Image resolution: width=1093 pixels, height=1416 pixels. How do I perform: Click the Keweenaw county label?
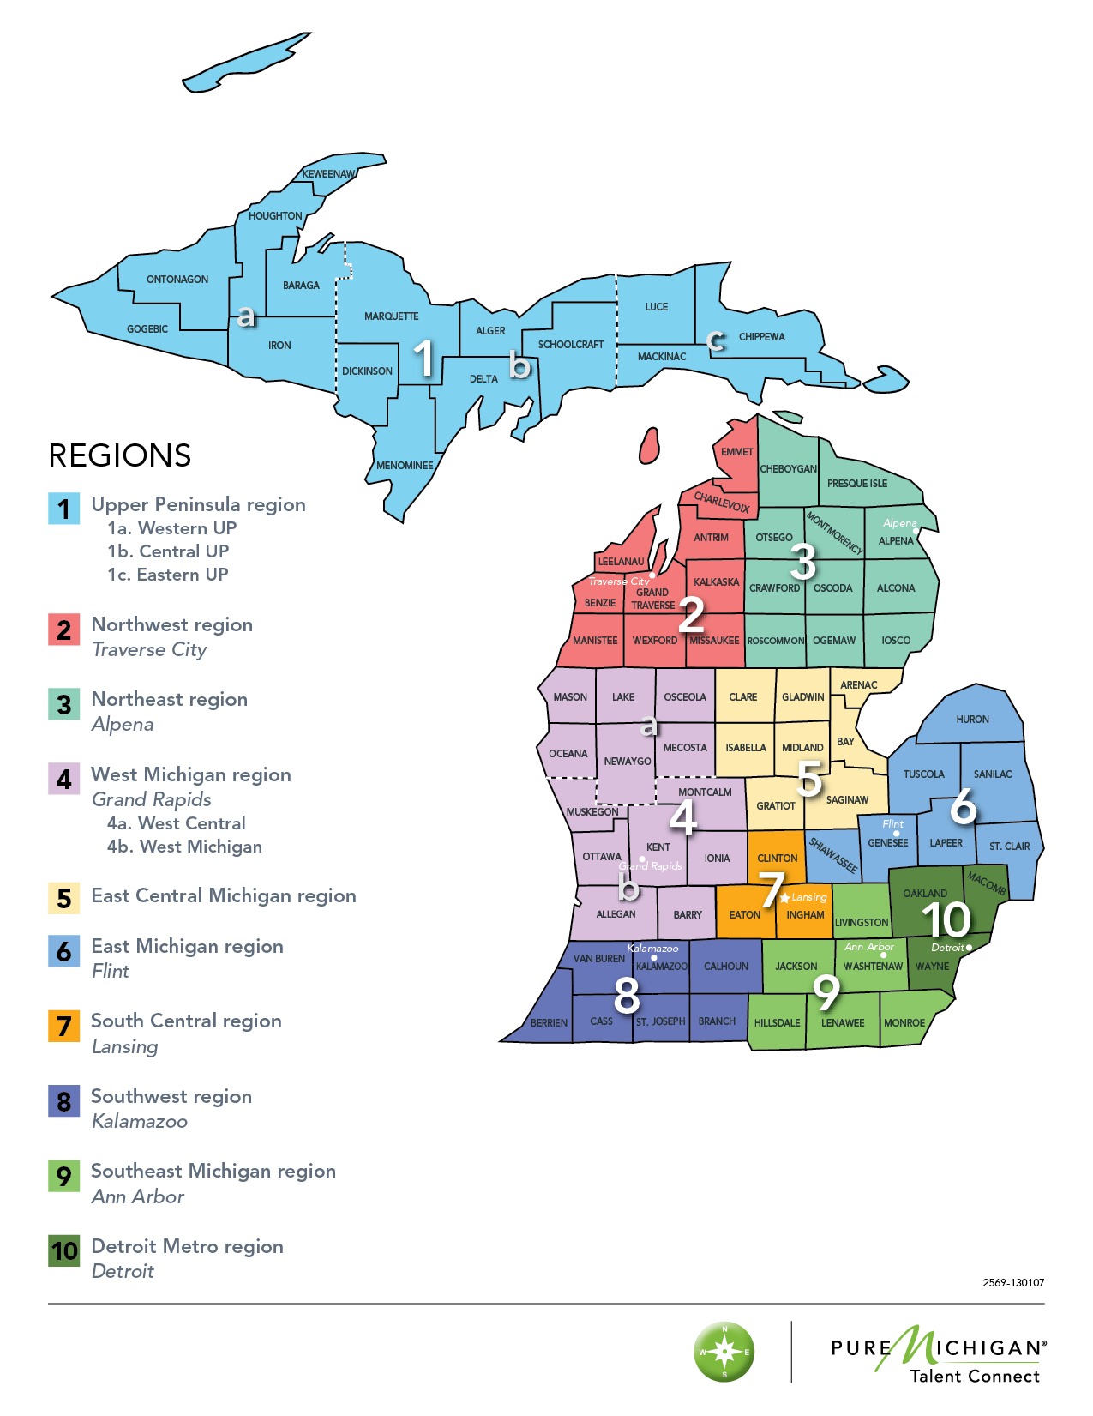[x=328, y=174]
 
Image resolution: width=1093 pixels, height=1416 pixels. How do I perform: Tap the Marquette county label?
[x=391, y=316]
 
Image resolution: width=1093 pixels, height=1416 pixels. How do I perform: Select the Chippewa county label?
[x=761, y=337]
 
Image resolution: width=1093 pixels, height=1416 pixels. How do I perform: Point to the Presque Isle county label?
[x=856, y=484]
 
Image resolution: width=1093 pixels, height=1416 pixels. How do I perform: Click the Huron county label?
[x=972, y=720]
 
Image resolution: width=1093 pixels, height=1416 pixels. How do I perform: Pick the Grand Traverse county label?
[x=652, y=599]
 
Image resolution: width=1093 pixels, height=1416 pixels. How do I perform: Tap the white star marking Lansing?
[x=784, y=898]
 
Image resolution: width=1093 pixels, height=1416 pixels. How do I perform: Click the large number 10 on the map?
[x=946, y=919]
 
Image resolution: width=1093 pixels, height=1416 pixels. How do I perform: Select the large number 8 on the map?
[x=627, y=995]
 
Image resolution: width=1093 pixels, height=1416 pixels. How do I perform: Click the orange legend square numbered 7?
[x=64, y=1026]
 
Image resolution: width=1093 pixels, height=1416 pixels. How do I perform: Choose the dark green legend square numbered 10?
[x=64, y=1251]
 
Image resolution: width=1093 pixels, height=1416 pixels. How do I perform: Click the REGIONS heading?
[x=120, y=455]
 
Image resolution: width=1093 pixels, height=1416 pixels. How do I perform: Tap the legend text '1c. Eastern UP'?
[x=168, y=575]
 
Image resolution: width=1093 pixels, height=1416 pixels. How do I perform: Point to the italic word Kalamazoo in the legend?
[x=140, y=1122]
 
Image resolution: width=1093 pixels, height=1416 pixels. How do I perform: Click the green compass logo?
[x=724, y=1352]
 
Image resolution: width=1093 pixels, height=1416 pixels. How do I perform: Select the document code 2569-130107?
[x=1013, y=1283]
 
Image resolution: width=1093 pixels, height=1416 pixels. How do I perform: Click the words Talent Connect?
[x=975, y=1377]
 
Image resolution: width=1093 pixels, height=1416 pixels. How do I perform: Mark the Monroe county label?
[x=904, y=1023]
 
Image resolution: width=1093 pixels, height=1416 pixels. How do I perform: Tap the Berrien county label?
[x=549, y=1023]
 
